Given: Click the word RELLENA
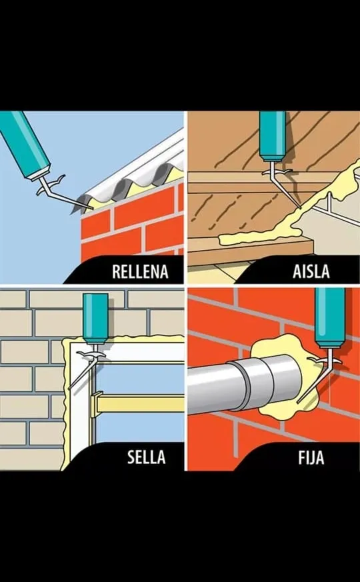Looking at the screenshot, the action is (140, 272).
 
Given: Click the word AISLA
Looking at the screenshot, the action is (311, 271).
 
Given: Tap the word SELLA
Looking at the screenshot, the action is (146, 457).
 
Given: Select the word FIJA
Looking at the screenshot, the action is (311, 457).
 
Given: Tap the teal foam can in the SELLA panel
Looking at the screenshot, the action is (95, 317).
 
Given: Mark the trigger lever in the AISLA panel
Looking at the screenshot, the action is (277, 172).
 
